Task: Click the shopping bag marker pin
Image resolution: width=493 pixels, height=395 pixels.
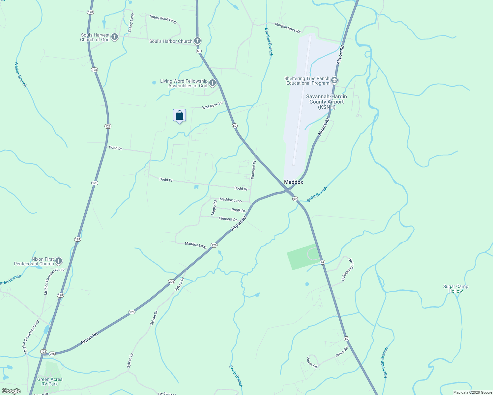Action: [x=179, y=116]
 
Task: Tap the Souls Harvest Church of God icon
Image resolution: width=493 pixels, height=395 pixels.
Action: [x=115, y=37]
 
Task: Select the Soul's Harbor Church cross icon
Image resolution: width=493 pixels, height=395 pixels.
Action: [x=197, y=41]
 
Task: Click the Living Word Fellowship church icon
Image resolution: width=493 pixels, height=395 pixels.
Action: [x=213, y=83]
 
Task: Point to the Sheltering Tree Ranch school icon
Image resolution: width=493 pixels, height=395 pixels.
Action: [x=334, y=80]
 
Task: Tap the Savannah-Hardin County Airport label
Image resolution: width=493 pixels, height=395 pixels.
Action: [x=326, y=102]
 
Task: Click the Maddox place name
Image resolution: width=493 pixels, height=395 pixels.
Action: [x=293, y=182]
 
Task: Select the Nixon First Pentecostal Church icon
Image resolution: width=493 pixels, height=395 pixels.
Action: [x=59, y=261]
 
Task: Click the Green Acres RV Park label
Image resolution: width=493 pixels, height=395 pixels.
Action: [x=50, y=382]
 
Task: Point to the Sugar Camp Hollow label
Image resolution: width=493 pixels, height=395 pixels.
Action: [x=455, y=289]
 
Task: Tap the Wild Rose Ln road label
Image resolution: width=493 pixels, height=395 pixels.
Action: [x=212, y=105]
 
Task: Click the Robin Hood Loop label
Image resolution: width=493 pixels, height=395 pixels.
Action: [x=163, y=19]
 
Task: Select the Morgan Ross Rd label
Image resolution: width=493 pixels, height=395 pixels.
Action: [x=288, y=28]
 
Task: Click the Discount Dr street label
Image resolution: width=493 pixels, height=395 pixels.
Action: [x=253, y=170]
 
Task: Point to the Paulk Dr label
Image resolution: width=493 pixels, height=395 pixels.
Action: [x=238, y=210]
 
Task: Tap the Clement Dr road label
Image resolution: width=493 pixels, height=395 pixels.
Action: [x=228, y=219]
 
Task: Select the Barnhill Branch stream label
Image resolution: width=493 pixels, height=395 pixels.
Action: [x=269, y=42]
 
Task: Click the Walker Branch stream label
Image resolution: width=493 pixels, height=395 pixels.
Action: [x=20, y=74]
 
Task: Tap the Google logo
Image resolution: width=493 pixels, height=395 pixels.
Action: [x=11, y=391]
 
